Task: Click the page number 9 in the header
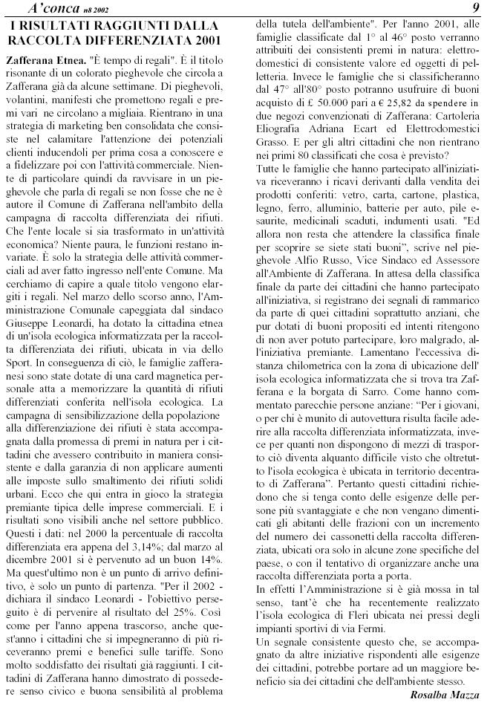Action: click(x=474, y=7)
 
